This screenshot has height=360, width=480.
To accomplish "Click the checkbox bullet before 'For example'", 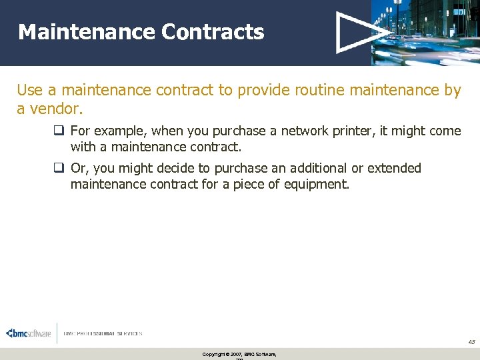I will point(59,131).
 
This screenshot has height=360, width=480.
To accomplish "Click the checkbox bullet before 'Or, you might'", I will point(59,168).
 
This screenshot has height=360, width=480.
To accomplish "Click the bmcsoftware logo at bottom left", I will point(28,333).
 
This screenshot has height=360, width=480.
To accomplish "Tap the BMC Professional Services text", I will point(103,333).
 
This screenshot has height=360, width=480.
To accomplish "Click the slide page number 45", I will point(471,342).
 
